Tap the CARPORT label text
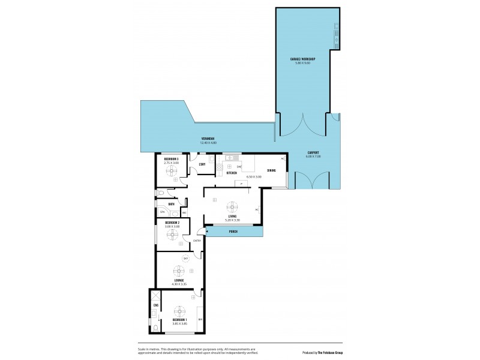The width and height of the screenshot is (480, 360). [x=313, y=153]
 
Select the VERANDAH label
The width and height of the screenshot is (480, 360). [x=207, y=139]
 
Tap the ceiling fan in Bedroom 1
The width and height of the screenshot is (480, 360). [x=179, y=311]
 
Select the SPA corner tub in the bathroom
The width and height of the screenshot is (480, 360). [x=163, y=212]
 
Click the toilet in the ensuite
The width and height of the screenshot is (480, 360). [x=155, y=328]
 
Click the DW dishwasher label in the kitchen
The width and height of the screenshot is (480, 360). [x=239, y=166]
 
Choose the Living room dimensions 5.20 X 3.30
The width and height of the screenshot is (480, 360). [x=232, y=220]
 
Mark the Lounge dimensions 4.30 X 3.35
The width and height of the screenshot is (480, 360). [x=179, y=284]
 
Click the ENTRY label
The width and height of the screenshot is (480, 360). [x=197, y=241]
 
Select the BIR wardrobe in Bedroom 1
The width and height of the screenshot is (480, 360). [x=200, y=319]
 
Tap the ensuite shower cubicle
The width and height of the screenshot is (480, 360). [x=155, y=297]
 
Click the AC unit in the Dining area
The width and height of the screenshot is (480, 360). [x=282, y=158]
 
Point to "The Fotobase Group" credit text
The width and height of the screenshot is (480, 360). [x=329, y=352]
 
